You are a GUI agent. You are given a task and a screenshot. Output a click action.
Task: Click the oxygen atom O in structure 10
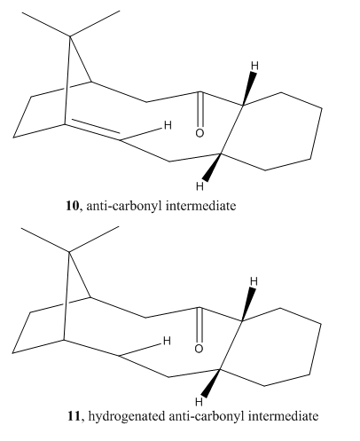click(200, 133)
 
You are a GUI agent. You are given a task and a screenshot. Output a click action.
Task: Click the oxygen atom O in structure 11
click(199, 349)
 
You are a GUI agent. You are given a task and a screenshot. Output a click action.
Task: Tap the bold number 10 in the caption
click(73, 206)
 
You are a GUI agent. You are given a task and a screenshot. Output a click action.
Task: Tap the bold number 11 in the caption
click(74, 416)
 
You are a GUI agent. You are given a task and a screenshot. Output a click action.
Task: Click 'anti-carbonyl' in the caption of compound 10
click(124, 206)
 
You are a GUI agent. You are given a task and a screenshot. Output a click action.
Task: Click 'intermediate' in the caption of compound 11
click(283, 416)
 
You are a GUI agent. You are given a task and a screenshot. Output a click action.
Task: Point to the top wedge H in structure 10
click(254, 66)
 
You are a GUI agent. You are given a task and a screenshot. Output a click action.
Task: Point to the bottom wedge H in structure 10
click(200, 186)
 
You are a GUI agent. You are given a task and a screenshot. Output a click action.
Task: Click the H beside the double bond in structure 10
click(168, 125)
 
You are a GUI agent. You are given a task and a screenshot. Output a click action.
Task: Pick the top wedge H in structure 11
click(254, 281)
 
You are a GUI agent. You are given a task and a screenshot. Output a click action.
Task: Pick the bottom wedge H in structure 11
click(200, 402)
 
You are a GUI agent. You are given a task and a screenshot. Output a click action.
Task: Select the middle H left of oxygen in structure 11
click(167, 341)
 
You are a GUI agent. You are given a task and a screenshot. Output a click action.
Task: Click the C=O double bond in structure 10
click(200, 110)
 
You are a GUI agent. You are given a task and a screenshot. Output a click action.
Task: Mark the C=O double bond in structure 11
click(200, 326)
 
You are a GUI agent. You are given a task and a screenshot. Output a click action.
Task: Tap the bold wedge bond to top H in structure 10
click(248, 88)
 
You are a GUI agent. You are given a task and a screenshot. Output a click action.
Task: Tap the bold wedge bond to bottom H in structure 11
click(212, 383)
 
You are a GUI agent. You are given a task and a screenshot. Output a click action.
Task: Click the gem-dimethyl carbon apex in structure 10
click(70, 36)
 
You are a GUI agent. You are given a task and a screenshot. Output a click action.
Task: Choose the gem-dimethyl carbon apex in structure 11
click(69, 252)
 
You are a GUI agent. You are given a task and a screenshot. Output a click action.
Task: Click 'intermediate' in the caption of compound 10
click(201, 206)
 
